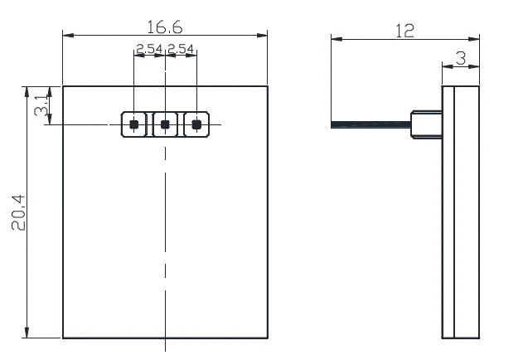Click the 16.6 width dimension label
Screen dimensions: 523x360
[x=165, y=27]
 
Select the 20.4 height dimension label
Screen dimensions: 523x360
[x=18, y=212]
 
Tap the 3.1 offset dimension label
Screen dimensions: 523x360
[x=41, y=105]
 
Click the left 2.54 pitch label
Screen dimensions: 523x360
[x=149, y=49]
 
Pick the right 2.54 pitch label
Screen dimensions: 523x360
[x=181, y=49]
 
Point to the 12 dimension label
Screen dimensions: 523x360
[x=405, y=31]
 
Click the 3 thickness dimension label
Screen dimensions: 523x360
[x=461, y=58]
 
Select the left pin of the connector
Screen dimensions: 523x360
[x=133, y=124]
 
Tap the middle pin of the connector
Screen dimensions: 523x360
[x=165, y=124]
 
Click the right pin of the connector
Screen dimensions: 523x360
[x=196, y=124]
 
